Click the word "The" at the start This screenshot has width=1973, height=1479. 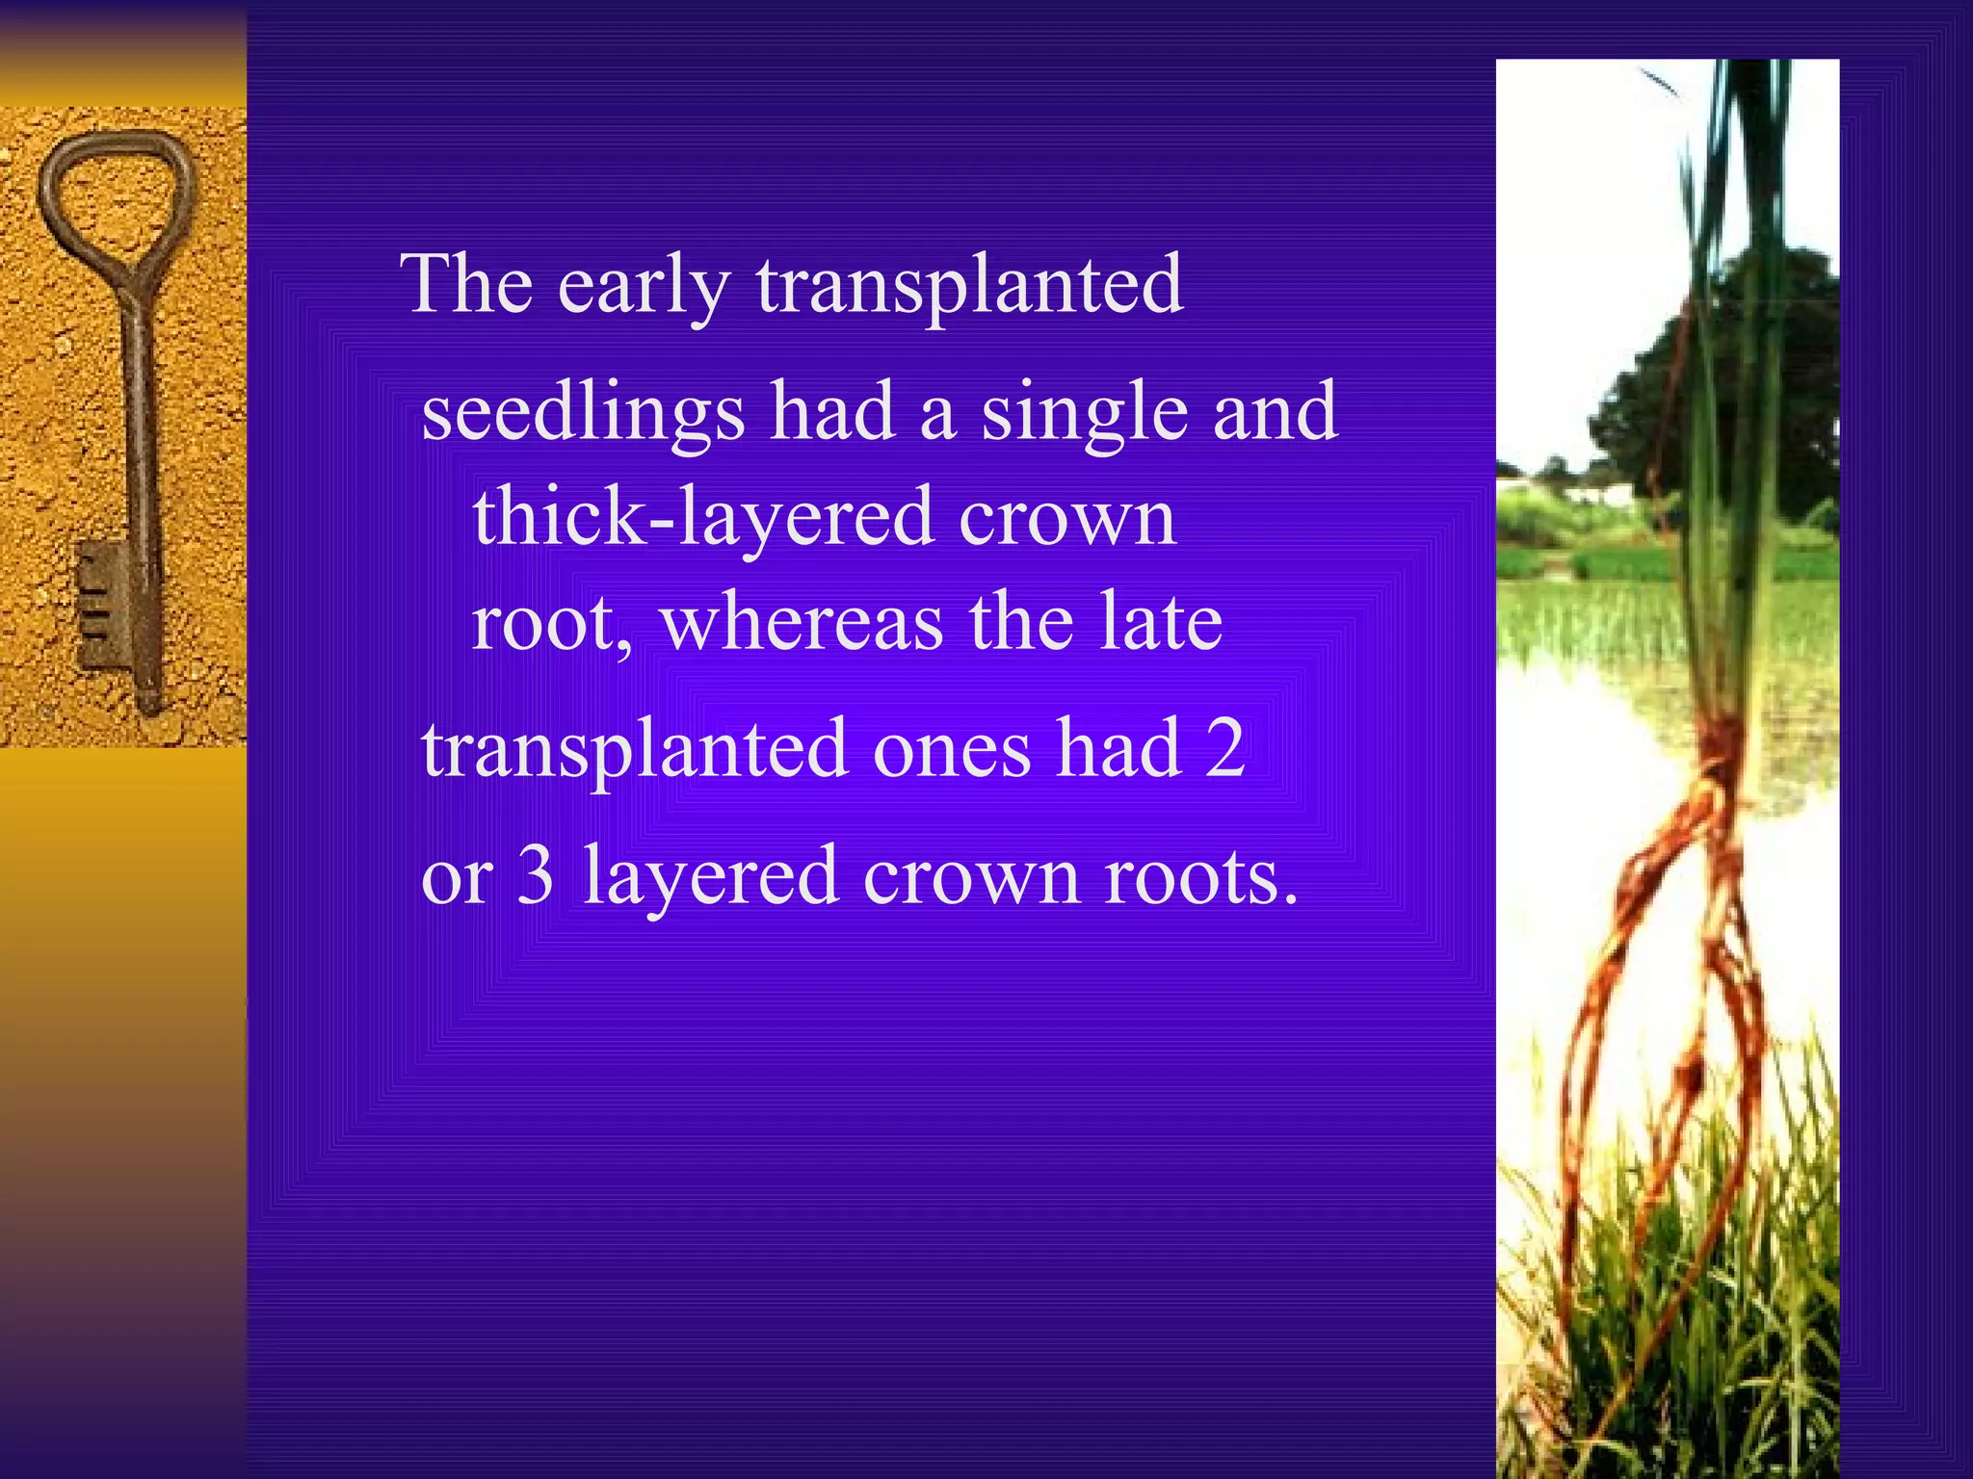(x=470, y=284)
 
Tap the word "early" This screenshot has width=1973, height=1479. (x=644, y=286)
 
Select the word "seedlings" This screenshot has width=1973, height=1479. (x=583, y=413)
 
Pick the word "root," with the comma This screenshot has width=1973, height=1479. (x=552, y=623)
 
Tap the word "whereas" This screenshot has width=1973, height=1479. (x=802, y=623)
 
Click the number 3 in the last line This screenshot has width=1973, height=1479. (x=536, y=875)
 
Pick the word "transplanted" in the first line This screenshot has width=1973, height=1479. (x=969, y=286)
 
